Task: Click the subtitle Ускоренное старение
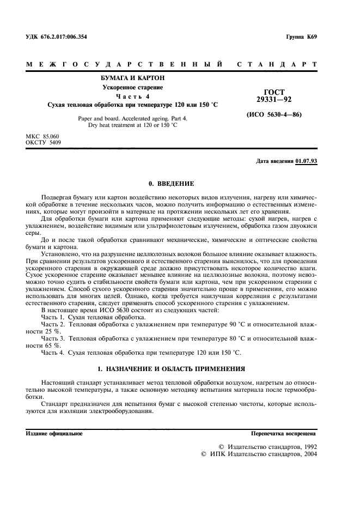[x=133, y=88]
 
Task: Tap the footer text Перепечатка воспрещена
[x=283, y=433]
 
